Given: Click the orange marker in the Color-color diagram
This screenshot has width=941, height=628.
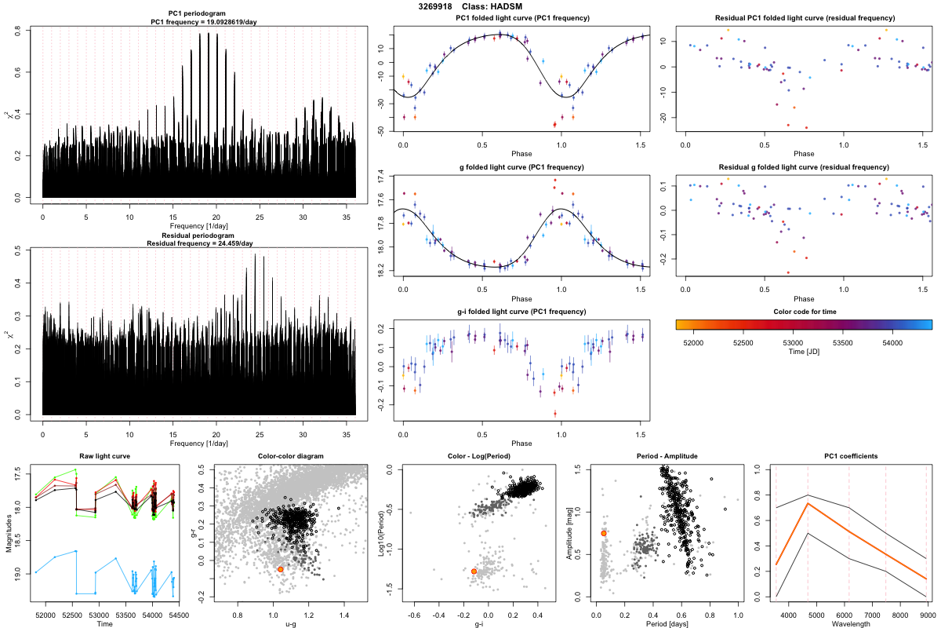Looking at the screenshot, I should pyautogui.click(x=281, y=568).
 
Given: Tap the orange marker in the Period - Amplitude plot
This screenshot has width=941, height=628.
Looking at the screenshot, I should pyautogui.click(x=604, y=533).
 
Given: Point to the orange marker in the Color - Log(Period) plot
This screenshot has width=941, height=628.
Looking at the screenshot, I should pyautogui.click(x=474, y=571).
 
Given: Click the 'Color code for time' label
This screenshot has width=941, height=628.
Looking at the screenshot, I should pyautogui.click(x=804, y=312).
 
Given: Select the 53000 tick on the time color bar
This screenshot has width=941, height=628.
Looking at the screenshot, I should pyautogui.click(x=793, y=342).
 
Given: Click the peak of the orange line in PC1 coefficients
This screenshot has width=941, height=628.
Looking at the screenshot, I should pyautogui.click(x=808, y=503).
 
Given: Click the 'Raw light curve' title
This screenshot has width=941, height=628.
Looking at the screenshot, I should pyautogui.click(x=105, y=457).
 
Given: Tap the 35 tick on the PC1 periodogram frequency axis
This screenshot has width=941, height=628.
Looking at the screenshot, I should pyautogui.click(x=346, y=215).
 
